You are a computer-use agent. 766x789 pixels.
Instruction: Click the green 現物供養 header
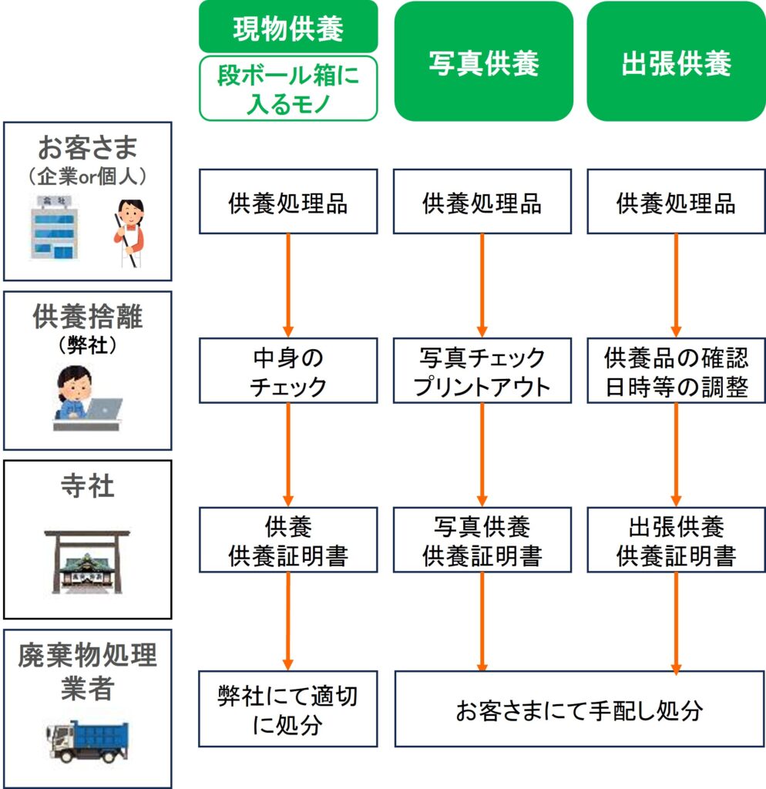click(x=288, y=28)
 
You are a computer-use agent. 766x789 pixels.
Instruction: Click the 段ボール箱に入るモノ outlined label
click(x=288, y=88)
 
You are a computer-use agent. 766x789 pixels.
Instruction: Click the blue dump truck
click(x=86, y=740)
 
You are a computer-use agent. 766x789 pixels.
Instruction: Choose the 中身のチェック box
click(x=288, y=371)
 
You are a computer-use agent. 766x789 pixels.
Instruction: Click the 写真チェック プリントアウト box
click(x=482, y=371)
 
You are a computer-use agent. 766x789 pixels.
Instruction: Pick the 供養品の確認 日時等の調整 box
click(x=676, y=371)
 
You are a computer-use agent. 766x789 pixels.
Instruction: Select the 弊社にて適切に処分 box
click(x=288, y=709)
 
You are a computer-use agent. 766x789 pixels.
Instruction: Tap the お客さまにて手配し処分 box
click(x=579, y=709)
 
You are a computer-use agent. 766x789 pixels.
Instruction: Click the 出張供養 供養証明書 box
click(x=676, y=540)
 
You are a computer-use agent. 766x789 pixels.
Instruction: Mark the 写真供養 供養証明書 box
click(x=482, y=540)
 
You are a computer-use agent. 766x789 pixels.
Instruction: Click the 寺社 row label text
click(x=86, y=487)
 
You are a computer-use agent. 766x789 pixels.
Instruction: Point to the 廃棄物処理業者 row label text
click(x=86, y=671)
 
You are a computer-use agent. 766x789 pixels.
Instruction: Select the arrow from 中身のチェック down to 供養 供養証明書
click(x=289, y=455)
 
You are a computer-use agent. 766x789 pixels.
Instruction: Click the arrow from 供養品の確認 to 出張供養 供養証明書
click(x=677, y=455)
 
